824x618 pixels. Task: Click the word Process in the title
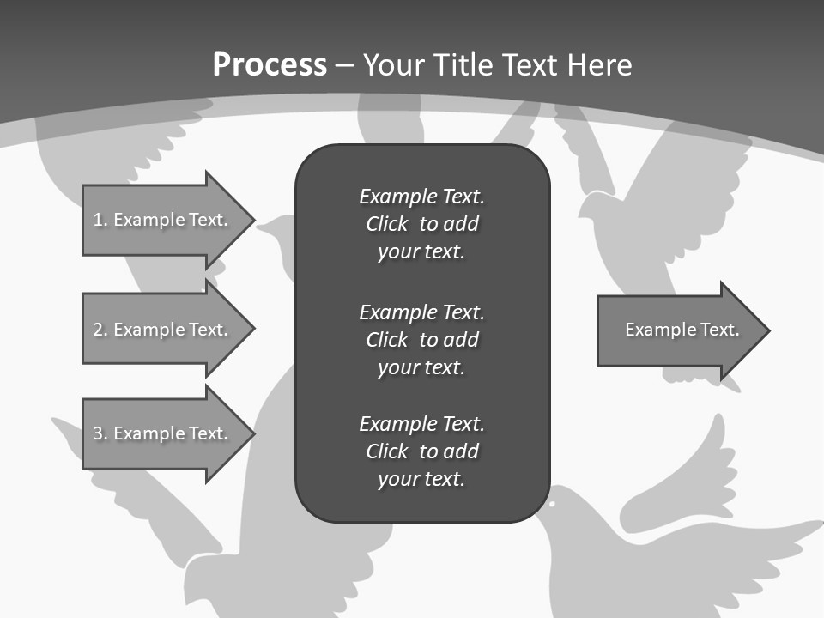(x=270, y=65)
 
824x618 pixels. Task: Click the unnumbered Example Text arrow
(x=678, y=330)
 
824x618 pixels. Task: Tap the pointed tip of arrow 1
(x=252, y=221)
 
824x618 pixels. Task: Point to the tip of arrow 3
(x=252, y=433)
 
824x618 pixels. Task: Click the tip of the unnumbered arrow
(x=767, y=330)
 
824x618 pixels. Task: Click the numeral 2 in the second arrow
(x=98, y=330)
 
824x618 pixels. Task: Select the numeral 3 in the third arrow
(x=98, y=433)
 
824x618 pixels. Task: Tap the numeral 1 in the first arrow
(x=97, y=220)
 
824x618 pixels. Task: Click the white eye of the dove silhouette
(x=552, y=502)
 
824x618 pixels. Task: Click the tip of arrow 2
(x=252, y=330)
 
